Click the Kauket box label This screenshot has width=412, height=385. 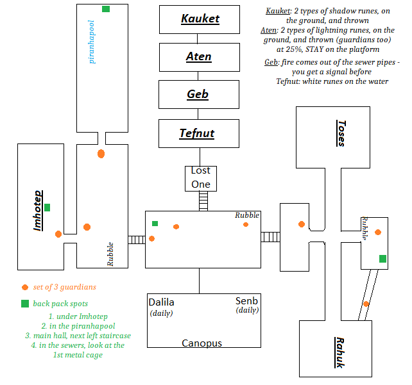(199, 19)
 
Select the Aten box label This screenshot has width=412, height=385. (199, 56)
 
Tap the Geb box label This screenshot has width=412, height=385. (198, 94)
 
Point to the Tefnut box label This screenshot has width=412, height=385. (197, 133)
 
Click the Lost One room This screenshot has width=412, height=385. (200, 178)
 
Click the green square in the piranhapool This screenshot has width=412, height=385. (106, 9)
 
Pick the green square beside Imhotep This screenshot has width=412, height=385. (47, 208)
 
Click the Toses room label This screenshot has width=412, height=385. (341, 133)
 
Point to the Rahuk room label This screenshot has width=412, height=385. (339, 352)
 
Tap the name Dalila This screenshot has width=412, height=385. (161, 302)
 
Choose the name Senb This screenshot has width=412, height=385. (246, 301)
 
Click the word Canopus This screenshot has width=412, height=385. (202, 343)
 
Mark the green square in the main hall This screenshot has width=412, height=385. (155, 224)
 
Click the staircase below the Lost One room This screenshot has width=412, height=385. (203, 201)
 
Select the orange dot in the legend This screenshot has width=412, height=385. (24, 287)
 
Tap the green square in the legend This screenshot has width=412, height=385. (24, 303)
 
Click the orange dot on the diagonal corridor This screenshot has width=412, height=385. (366, 304)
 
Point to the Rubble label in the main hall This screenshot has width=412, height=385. (247, 215)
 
